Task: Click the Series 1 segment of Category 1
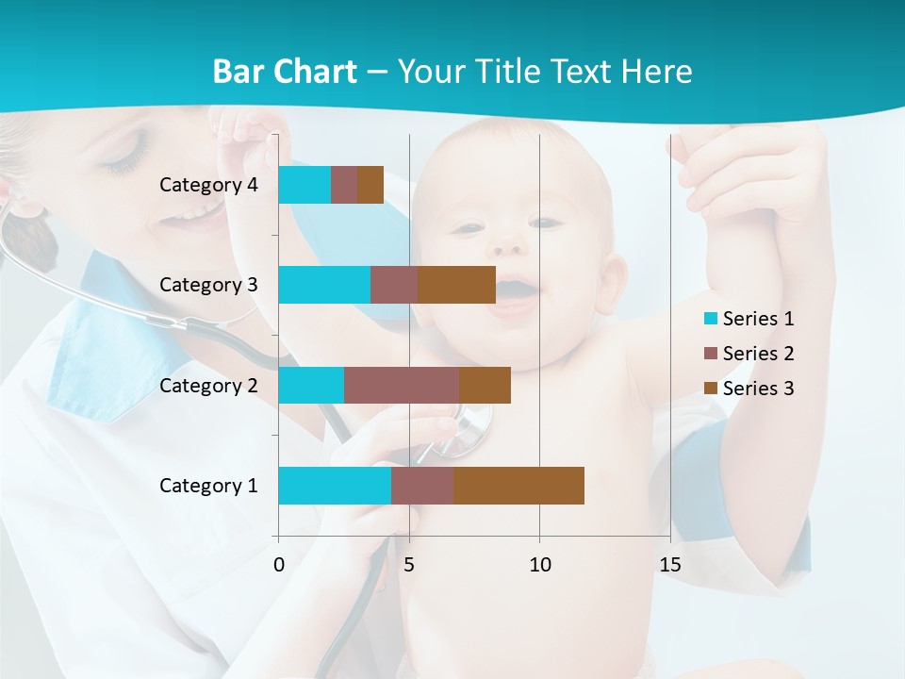click(x=335, y=486)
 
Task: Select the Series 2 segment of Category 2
click(x=402, y=385)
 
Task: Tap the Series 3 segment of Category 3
click(x=456, y=285)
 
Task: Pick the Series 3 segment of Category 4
click(x=370, y=185)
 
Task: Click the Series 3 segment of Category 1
click(x=518, y=486)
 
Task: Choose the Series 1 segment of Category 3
click(x=324, y=285)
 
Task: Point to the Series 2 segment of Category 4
click(x=344, y=185)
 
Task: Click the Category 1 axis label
click(x=208, y=486)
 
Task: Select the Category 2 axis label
click(x=208, y=385)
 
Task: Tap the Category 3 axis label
click(x=208, y=285)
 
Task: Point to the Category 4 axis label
click(x=208, y=185)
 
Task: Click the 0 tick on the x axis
click(x=279, y=565)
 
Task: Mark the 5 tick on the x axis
click(x=409, y=565)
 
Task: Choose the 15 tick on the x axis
click(x=670, y=565)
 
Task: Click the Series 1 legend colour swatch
click(x=710, y=319)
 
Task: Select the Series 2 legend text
click(x=758, y=354)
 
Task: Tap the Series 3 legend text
click(x=758, y=389)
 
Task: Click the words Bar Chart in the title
click(x=285, y=72)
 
